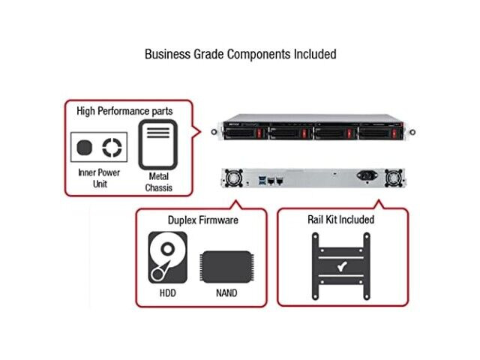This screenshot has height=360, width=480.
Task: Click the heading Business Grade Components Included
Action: (240, 54)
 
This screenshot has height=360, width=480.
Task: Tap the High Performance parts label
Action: (124, 111)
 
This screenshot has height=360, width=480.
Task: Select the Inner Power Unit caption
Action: (99, 178)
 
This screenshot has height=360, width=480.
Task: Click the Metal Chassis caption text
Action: (158, 181)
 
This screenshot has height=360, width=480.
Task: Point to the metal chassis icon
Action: (158, 145)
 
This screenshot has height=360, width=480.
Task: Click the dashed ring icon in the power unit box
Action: (112, 147)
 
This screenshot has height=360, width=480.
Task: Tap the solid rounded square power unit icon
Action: (84, 147)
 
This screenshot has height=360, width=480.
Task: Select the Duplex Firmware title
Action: (203, 220)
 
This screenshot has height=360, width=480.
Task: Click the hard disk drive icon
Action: (167, 257)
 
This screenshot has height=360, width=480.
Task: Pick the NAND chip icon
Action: (226, 267)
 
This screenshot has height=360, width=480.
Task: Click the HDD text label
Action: (168, 293)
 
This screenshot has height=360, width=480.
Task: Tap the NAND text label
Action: (226, 293)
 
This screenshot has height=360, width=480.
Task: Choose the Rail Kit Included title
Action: (341, 220)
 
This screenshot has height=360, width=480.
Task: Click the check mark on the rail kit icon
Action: (342, 266)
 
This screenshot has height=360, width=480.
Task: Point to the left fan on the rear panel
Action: (234, 178)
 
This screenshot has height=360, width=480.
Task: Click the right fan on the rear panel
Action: (394, 178)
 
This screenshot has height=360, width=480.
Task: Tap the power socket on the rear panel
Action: (367, 175)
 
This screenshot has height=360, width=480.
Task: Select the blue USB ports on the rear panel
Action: (261, 180)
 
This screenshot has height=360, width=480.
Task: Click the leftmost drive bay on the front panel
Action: (245, 133)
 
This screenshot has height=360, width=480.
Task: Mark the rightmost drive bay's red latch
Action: (394, 133)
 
